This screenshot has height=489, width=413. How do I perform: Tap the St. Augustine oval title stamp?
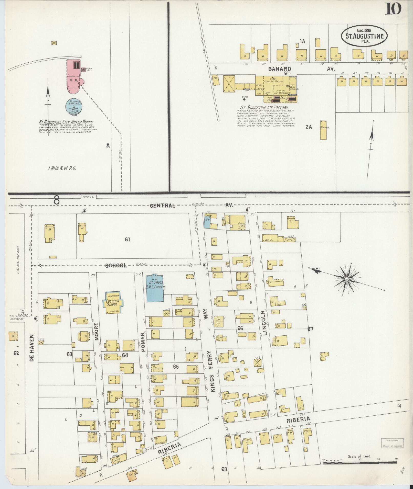click(x=364, y=36)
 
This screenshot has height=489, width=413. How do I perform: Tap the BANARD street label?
click(x=280, y=69)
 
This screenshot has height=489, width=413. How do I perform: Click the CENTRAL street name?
click(x=163, y=206)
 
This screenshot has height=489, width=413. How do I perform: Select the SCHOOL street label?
click(x=116, y=266)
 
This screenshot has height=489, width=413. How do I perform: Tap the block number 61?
click(x=128, y=240)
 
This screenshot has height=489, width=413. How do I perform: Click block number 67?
click(x=311, y=329)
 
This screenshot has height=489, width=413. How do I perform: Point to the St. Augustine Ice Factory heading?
click(x=264, y=108)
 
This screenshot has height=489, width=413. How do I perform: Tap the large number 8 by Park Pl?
click(x=57, y=200)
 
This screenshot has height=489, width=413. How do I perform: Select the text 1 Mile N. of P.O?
click(x=62, y=168)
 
